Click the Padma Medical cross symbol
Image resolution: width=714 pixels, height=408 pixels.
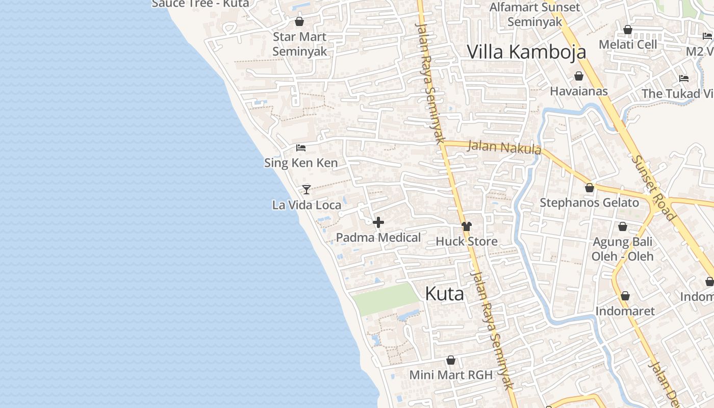tap(378, 222)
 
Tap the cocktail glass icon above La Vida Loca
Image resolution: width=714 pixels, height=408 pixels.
tap(306, 190)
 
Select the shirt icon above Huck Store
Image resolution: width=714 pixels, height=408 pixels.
tap(466, 226)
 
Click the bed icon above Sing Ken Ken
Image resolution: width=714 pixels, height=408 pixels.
tap(301, 148)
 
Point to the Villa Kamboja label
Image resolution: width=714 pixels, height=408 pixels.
tap(526, 52)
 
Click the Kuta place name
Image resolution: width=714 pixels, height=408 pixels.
tap(444, 294)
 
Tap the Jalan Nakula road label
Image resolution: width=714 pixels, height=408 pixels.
tap(504, 147)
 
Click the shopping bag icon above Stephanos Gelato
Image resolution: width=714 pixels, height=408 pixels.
tap(590, 188)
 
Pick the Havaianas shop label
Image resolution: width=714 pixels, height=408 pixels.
tap(579, 91)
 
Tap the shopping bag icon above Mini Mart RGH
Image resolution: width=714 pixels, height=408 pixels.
tap(450, 361)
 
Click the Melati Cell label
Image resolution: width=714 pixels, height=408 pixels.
tap(628, 44)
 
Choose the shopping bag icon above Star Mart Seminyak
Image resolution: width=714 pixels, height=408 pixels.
tap(299, 21)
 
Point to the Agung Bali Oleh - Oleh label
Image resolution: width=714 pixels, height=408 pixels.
tap(622, 248)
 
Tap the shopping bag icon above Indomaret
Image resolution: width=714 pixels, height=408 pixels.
tap(625, 296)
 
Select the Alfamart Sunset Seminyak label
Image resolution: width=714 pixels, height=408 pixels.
tap(534, 14)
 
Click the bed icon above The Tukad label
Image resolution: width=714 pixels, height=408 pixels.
tap(684, 79)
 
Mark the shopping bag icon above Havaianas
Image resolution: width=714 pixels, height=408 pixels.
tap(579, 76)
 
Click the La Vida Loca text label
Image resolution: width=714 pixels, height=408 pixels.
tap(307, 205)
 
